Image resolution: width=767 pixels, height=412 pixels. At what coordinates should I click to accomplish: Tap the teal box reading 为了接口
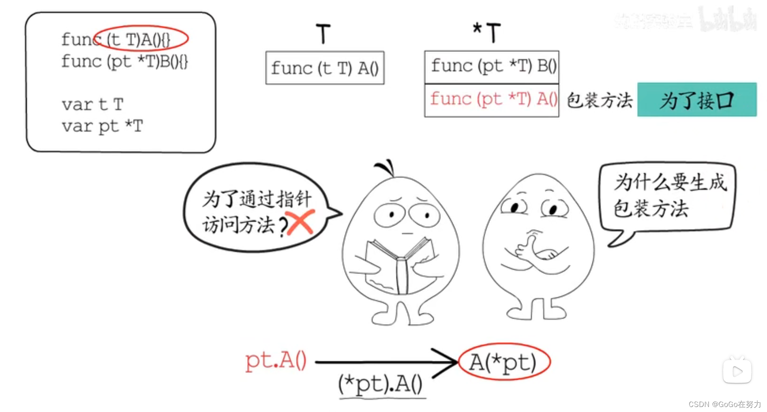point(697,100)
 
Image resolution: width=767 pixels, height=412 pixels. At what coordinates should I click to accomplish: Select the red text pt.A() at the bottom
point(276,360)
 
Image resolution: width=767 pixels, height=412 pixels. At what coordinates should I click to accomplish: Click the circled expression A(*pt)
point(504,362)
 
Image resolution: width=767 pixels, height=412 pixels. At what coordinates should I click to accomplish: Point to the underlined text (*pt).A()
point(381,384)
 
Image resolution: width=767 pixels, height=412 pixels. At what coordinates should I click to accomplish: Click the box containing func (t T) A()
point(325,68)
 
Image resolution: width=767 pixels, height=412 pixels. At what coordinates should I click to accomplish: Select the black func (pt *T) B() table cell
point(492,66)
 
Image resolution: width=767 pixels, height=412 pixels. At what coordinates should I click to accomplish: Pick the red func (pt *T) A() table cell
point(492,100)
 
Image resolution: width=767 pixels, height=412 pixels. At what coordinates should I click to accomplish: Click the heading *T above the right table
point(487,32)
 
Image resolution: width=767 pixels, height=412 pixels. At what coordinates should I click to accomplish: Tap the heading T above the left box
point(323,33)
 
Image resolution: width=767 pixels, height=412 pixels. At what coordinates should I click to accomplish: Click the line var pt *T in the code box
point(103,126)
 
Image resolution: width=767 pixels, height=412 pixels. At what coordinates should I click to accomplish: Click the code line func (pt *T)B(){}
point(124,61)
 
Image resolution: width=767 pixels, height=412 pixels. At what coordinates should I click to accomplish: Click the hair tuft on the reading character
point(386,167)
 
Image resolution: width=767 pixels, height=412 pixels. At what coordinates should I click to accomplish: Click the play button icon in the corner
point(737,371)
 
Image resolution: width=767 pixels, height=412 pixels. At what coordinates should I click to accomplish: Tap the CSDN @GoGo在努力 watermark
point(724,404)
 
